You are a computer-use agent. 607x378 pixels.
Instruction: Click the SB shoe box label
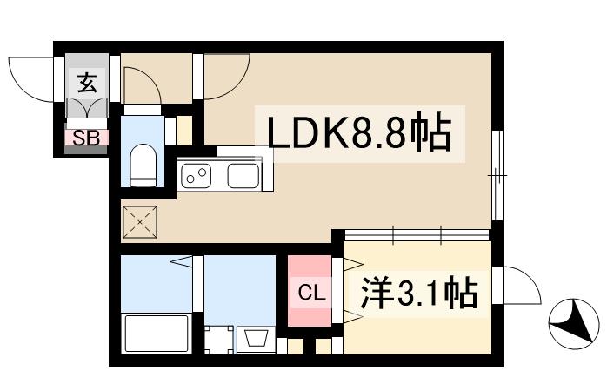(85, 137)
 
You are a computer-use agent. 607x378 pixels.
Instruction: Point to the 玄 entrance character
(87, 84)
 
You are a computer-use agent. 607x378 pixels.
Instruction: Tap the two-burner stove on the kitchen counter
(197, 175)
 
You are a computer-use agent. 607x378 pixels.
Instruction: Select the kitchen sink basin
(244, 175)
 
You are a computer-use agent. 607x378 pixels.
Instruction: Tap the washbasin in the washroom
(257, 337)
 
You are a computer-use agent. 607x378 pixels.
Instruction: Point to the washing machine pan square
(218, 339)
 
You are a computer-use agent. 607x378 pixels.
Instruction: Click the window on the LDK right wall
(497, 175)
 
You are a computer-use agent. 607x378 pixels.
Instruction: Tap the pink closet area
(310, 292)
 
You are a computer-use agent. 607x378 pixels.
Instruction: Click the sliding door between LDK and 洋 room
(417, 234)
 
